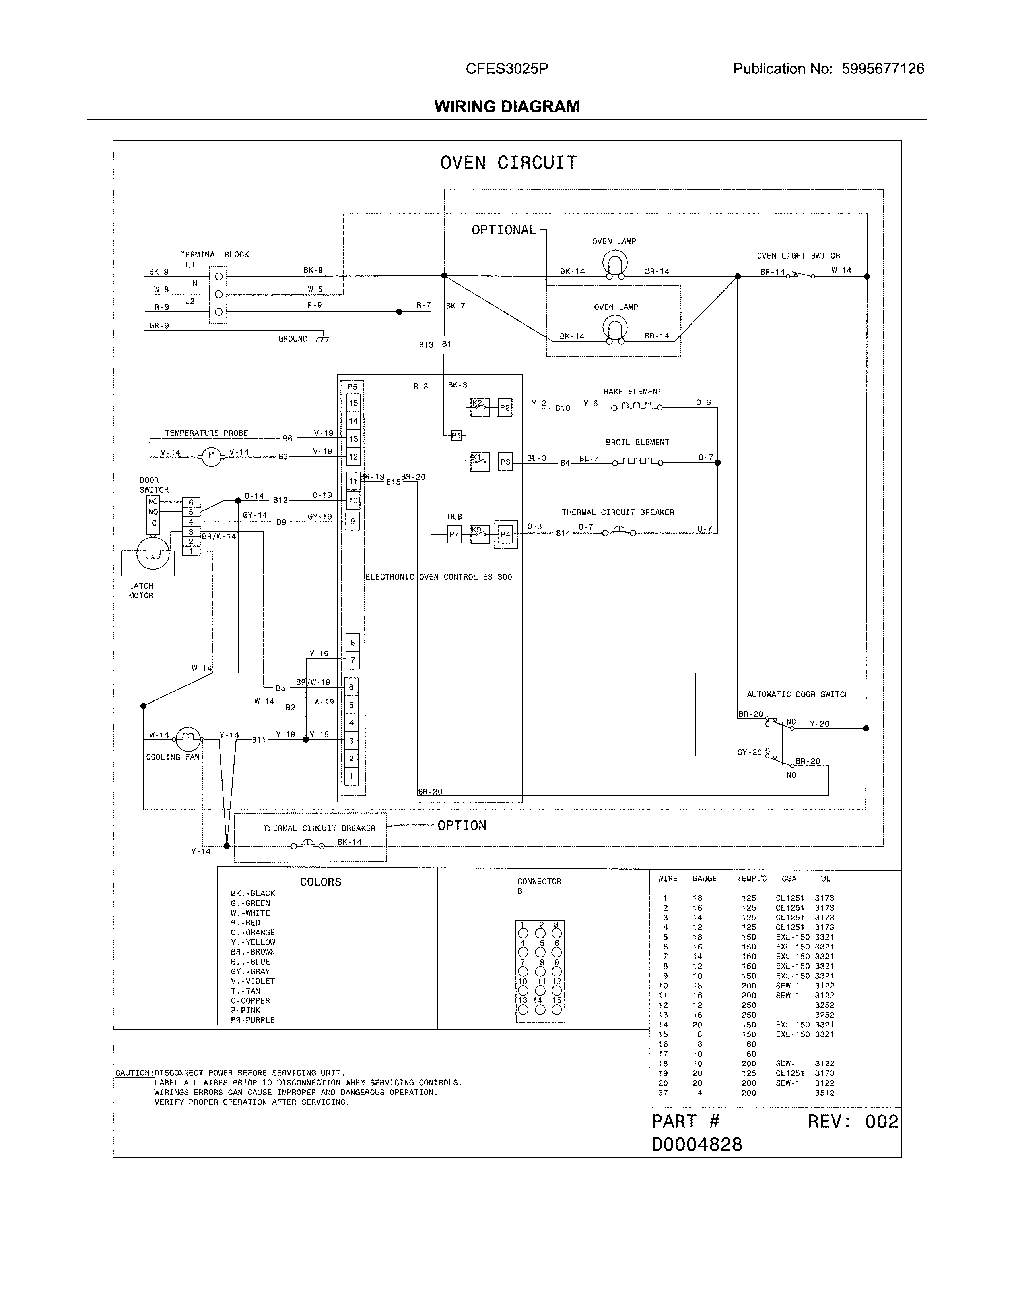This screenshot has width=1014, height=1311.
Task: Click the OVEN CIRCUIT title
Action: (x=508, y=162)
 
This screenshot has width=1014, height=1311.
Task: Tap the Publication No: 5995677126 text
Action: (x=828, y=69)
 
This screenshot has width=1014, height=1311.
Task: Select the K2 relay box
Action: (x=480, y=408)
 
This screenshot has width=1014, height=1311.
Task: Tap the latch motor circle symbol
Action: (x=153, y=553)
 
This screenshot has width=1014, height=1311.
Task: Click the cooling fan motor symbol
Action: (x=188, y=739)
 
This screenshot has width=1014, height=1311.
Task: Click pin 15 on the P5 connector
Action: (x=353, y=403)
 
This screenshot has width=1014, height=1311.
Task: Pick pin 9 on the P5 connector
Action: (x=353, y=522)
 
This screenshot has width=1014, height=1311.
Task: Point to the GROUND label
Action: (x=293, y=339)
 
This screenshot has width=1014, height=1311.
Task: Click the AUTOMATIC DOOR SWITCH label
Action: (x=798, y=694)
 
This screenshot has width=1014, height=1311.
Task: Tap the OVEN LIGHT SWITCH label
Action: (x=798, y=256)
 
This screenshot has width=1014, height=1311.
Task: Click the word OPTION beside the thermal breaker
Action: (x=461, y=826)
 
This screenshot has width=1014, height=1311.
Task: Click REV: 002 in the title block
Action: (x=853, y=1122)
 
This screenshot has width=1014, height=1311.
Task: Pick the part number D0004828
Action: (x=697, y=1145)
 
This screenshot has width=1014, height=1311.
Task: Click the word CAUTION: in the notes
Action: (x=134, y=1073)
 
